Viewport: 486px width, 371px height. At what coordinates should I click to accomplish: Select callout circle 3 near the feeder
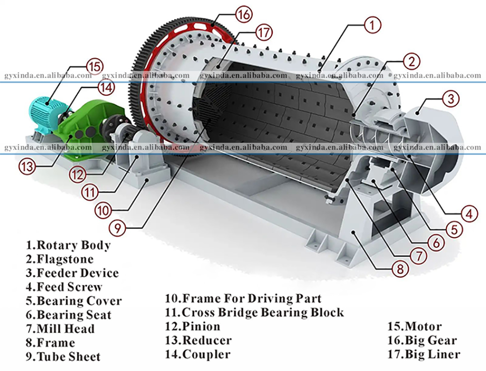450,99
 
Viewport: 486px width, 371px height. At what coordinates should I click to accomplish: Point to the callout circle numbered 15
95,65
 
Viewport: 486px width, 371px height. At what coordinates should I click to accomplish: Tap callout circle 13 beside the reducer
27,166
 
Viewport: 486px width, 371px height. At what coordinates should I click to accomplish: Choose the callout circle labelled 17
263,33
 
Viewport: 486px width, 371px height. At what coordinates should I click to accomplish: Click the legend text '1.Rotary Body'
68,245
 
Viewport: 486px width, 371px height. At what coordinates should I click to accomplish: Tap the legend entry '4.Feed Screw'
64,287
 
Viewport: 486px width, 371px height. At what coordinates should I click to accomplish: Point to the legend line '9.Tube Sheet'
63,357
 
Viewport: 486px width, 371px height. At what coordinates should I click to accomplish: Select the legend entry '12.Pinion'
193,326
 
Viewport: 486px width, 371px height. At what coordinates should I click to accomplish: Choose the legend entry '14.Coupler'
198,354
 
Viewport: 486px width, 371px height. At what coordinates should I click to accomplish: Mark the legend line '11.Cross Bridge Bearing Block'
255,312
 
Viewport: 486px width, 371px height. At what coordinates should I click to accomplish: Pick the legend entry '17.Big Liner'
424,354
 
